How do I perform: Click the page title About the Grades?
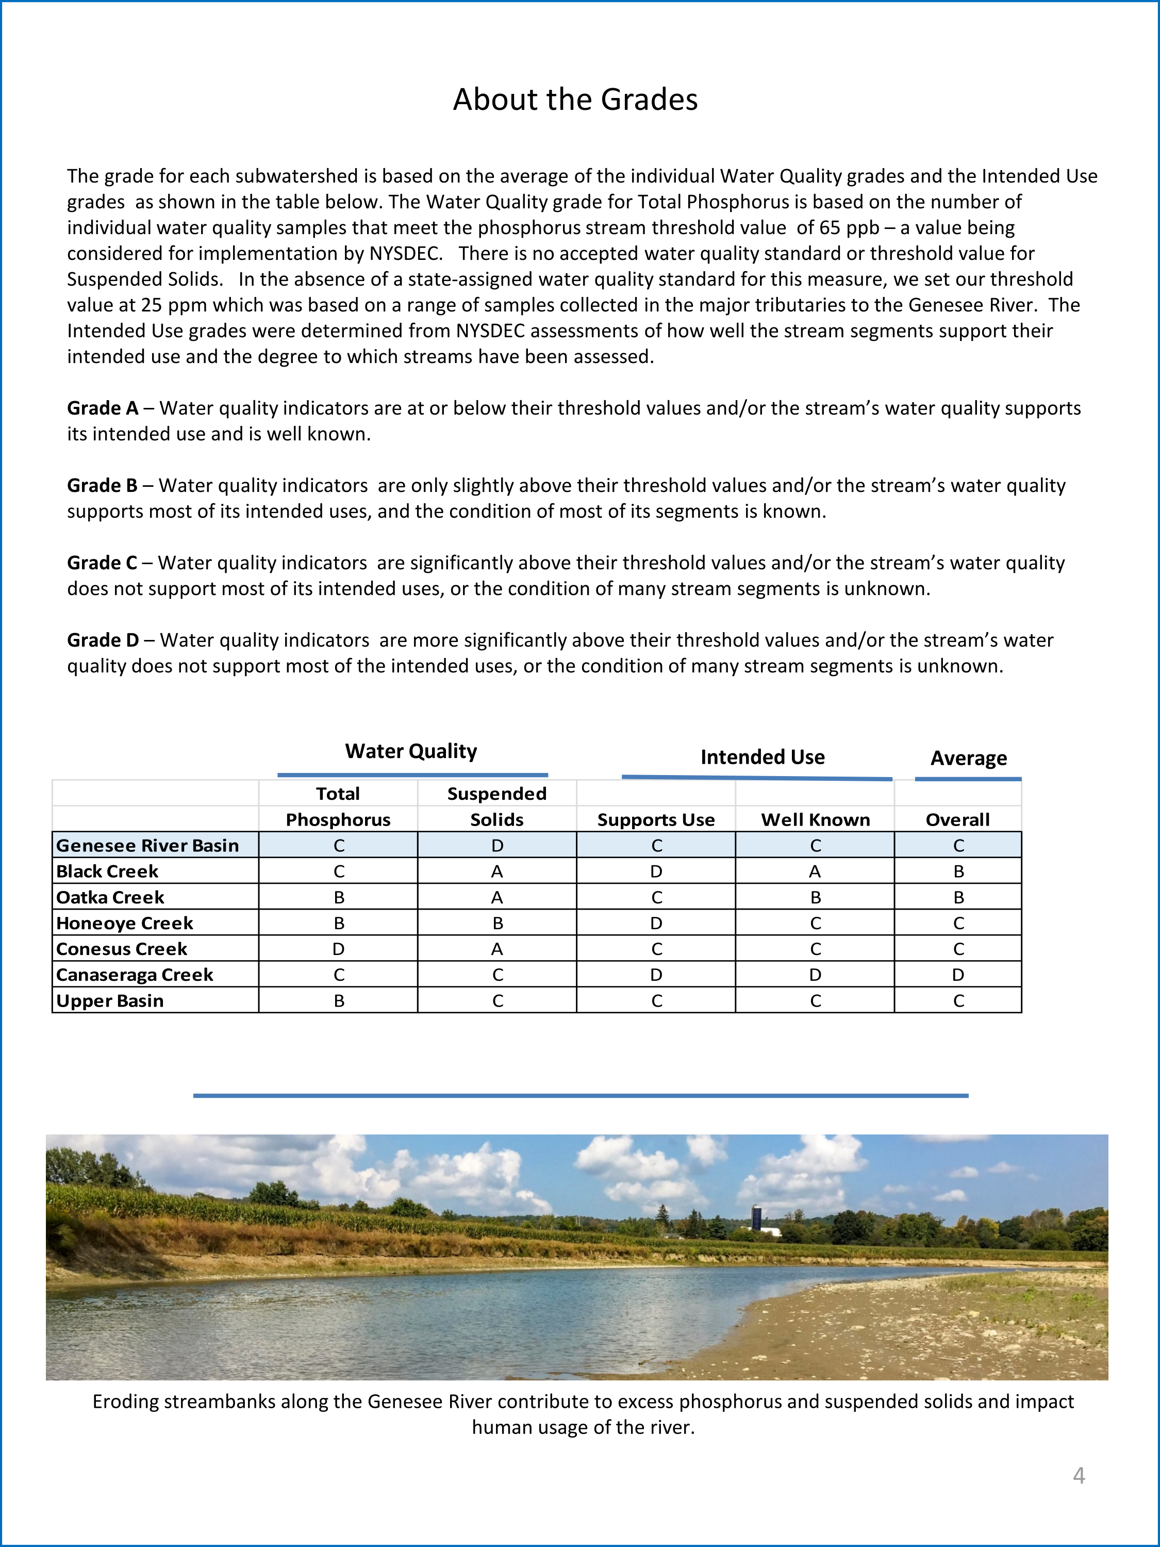tap(575, 100)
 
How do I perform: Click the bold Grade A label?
tap(102, 408)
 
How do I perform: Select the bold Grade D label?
tap(103, 640)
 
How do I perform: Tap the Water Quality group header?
tap(411, 751)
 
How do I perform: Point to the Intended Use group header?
tap(762, 758)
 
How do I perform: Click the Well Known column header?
tap(815, 820)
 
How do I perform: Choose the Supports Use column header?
tap(656, 820)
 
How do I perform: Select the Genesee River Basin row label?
tap(147, 846)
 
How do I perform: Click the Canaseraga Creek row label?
tap(134, 975)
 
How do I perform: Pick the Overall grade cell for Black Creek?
tap(958, 871)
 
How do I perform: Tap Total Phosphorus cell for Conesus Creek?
tap(338, 949)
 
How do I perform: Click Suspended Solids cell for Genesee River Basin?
tap(497, 846)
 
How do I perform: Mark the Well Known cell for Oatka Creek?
tap(815, 897)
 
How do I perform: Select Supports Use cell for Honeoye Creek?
tap(656, 923)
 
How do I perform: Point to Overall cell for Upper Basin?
tap(958, 1001)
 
